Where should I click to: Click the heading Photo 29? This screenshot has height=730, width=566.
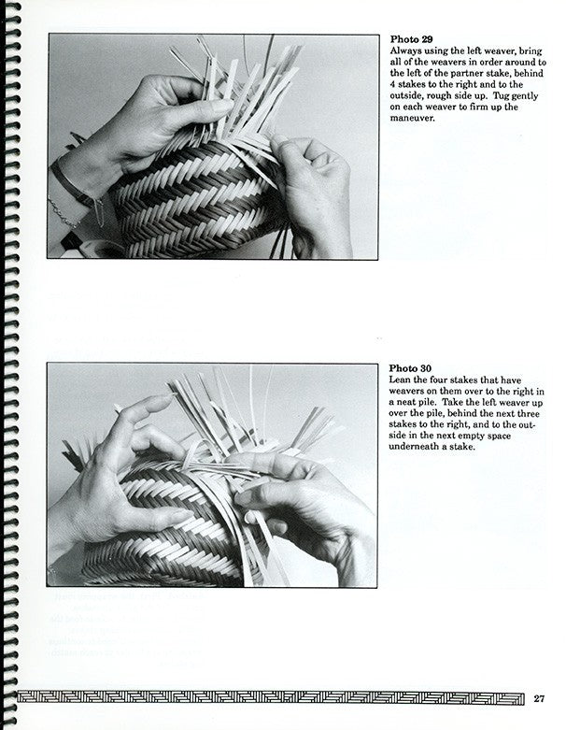pyautogui.click(x=411, y=39)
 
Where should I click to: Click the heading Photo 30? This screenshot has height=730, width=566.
pyautogui.click(x=410, y=368)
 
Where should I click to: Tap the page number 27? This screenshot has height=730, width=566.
pyautogui.click(x=539, y=698)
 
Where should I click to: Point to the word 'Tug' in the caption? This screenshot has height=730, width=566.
pyautogui.click(x=501, y=96)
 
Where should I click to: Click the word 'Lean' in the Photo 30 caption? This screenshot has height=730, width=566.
pyautogui.click(x=399, y=379)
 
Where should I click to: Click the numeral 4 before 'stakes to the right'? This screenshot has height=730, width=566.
pyautogui.click(x=392, y=85)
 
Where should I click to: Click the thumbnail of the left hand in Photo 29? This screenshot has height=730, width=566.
pyautogui.click(x=222, y=106)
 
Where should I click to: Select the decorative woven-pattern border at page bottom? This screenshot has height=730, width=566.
pyautogui.click(x=270, y=698)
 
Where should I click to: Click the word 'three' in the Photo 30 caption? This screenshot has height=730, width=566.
pyautogui.click(x=529, y=413)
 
